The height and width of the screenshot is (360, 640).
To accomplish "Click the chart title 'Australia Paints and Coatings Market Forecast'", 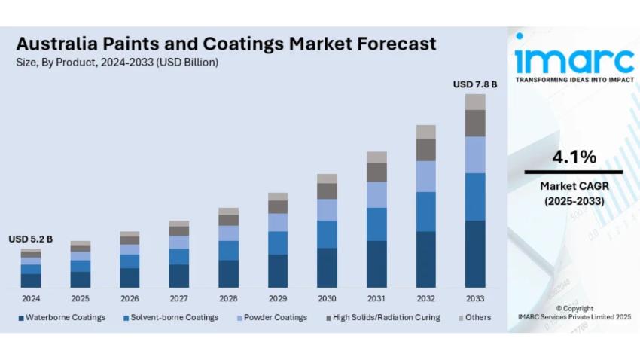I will pos(226,44).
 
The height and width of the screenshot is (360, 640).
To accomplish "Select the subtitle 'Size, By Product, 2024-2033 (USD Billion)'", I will pos(117,63).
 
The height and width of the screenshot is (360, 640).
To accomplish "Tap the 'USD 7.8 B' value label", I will pos(474,84).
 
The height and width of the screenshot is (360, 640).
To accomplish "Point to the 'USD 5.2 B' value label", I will pos(31,239).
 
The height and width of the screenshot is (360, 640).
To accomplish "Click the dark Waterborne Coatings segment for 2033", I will pos(474,254).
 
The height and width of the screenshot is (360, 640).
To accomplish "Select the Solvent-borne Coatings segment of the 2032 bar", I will pos(425,212).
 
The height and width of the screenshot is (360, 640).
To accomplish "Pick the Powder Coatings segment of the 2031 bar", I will pos(376,194).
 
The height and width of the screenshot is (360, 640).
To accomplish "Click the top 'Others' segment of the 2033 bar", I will pos(474,102).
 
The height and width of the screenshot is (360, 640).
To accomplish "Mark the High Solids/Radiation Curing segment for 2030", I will pos(327,191).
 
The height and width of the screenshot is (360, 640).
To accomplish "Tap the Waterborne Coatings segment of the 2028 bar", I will pos(228,273).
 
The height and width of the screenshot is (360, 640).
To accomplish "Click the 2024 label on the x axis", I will pos(31,298).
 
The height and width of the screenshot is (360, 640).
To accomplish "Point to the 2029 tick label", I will pos(278,298).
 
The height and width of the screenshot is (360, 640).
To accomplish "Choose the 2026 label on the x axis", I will pos(130,298).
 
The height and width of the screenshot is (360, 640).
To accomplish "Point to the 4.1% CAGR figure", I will pos(574,157).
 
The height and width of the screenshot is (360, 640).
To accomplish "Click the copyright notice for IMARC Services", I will pos(574,313).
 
